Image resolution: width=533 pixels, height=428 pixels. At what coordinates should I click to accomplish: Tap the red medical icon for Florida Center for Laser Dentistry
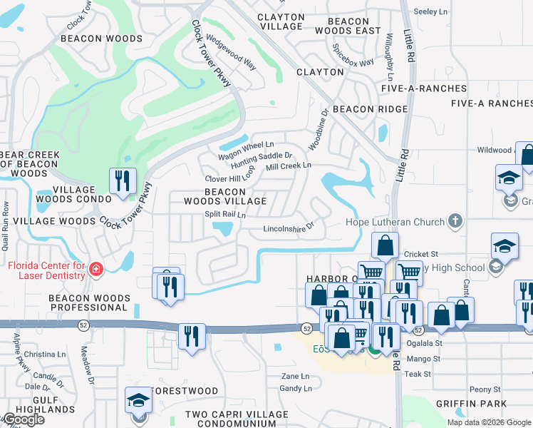pyautogui.click(x=95, y=270)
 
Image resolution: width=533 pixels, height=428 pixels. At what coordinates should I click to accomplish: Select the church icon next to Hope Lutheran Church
pyautogui.click(x=455, y=222)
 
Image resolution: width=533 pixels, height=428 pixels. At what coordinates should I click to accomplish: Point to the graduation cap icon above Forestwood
pyautogui.click(x=139, y=399)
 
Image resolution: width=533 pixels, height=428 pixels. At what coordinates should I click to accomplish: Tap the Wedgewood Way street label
pyautogui.click(x=231, y=53)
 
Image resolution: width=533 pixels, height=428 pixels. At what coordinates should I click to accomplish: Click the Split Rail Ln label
pyautogui.click(x=224, y=214)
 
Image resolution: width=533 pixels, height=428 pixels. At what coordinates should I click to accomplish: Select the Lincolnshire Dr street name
pyautogui.click(x=289, y=229)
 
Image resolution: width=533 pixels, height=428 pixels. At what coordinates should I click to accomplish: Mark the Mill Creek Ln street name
pyautogui.click(x=289, y=165)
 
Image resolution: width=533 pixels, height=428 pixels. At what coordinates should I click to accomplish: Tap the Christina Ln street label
pyautogui.click(x=44, y=354)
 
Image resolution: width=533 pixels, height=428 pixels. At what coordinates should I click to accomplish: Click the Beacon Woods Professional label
pyautogui.click(x=88, y=302)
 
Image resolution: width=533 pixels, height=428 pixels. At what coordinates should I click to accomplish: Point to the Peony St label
pyautogui.click(x=485, y=389)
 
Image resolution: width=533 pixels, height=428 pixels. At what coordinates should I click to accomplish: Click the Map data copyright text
pyautogui.click(x=488, y=422)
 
